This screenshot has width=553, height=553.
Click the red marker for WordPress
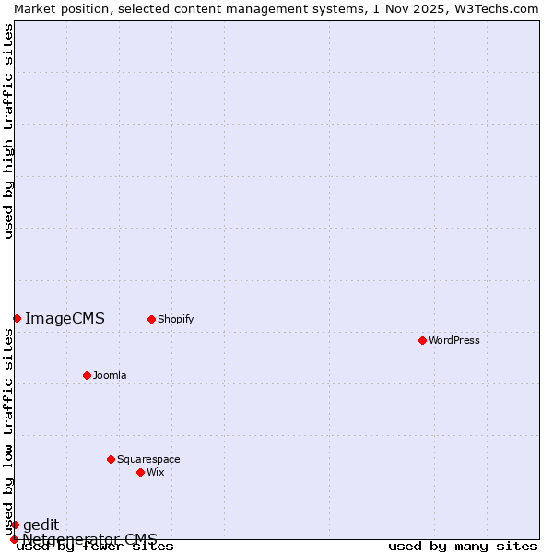click(x=422, y=340)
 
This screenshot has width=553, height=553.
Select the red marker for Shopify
click(x=151, y=319)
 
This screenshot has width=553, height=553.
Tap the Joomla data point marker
click(x=87, y=375)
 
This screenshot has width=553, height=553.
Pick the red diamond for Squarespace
click(x=111, y=459)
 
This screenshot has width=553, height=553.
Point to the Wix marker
click(x=140, y=472)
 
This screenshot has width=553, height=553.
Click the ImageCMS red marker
click(x=17, y=318)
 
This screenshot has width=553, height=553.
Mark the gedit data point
click(x=15, y=524)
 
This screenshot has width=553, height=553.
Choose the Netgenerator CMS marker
click(x=14, y=539)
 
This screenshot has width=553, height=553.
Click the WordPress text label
click(x=454, y=340)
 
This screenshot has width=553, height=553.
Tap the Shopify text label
click(x=175, y=319)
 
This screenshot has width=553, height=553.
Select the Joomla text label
click(x=110, y=375)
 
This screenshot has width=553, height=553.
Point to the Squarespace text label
click(x=148, y=459)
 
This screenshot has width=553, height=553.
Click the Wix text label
click(x=155, y=472)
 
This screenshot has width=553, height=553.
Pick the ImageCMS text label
click(x=65, y=319)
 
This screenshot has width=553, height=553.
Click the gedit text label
click(x=41, y=524)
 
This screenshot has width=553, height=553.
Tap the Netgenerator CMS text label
click(x=89, y=539)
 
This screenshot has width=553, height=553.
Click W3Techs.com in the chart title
click(x=496, y=8)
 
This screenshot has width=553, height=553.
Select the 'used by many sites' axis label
click(x=463, y=547)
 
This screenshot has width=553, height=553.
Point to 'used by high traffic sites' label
click(x=9, y=131)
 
